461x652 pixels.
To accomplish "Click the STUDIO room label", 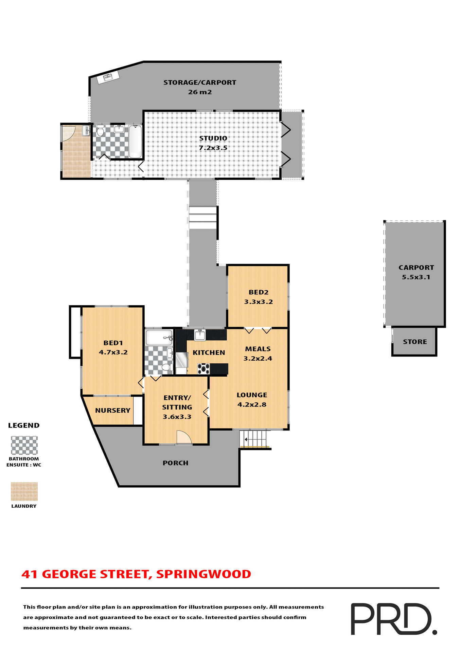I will pyautogui.click(x=213, y=143).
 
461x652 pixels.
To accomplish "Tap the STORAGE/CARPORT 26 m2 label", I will pyautogui.click(x=200, y=87).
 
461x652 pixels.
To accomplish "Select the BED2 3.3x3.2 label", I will pyautogui.click(x=258, y=297).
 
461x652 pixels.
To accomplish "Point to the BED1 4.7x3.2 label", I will pyautogui.click(x=113, y=347).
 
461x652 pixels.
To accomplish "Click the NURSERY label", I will pyautogui.click(x=112, y=410).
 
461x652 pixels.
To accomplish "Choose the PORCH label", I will pyautogui.click(x=175, y=463).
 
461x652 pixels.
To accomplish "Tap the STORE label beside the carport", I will pyautogui.click(x=415, y=342).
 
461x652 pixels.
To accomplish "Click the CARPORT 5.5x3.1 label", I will pyautogui.click(x=416, y=272).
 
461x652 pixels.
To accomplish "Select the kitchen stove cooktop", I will pyautogui.click(x=203, y=368).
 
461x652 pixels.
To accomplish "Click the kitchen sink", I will pyautogui.click(x=200, y=334).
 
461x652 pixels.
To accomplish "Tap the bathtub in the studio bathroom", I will pyautogui.click(x=135, y=141).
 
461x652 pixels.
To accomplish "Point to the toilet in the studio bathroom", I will pyautogui.click(x=100, y=131).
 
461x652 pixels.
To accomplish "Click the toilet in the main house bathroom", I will pyautogui.click(x=166, y=367).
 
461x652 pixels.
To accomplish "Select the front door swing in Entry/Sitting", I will pyautogui.click(x=184, y=437).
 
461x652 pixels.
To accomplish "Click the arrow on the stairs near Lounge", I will pyautogui.click(x=246, y=439).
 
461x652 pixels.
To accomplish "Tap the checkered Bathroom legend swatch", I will pyautogui.click(x=24, y=445).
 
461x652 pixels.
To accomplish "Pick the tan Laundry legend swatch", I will pyautogui.click(x=24, y=491).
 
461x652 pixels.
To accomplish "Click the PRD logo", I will pyautogui.click(x=393, y=619).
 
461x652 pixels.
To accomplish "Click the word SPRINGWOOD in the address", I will pyautogui.click(x=203, y=574).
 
